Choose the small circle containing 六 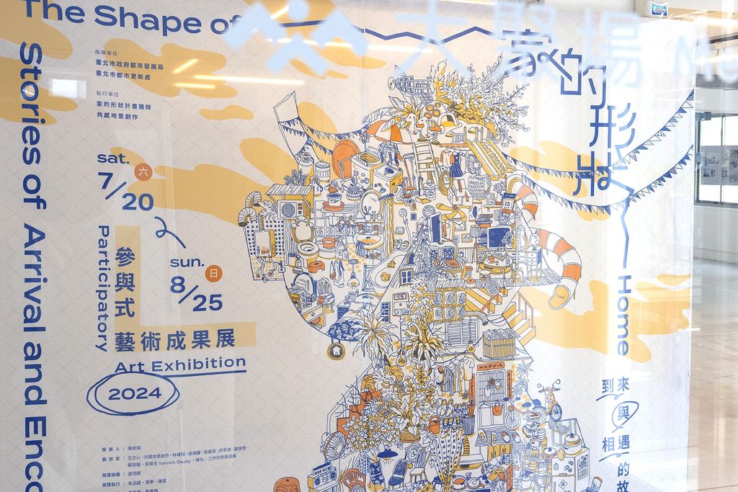[143, 171]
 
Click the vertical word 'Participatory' [102, 288]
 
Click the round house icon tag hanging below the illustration [336, 351]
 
